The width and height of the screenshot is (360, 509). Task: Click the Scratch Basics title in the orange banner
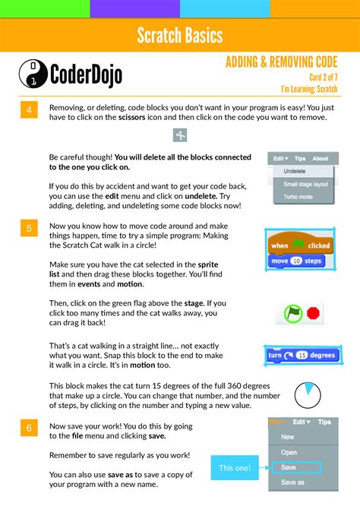(180, 35)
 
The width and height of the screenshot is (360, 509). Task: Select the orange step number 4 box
(28, 111)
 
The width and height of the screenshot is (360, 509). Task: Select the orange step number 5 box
(28, 227)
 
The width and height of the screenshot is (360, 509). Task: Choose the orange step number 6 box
(28, 428)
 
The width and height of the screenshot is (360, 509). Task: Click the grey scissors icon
(180, 135)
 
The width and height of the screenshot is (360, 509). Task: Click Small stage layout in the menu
(305, 184)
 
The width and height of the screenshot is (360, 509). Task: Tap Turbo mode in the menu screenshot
(298, 197)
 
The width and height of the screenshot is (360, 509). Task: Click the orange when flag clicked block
(300, 245)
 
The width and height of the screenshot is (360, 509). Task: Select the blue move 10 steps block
(296, 261)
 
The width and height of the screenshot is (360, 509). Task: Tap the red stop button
(314, 312)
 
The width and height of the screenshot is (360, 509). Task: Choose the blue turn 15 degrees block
(302, 355)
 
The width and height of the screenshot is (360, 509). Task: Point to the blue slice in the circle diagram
(308, 390)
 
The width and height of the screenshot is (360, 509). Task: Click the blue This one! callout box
(235, 468)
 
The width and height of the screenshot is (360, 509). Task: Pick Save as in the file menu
(293, 482)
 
